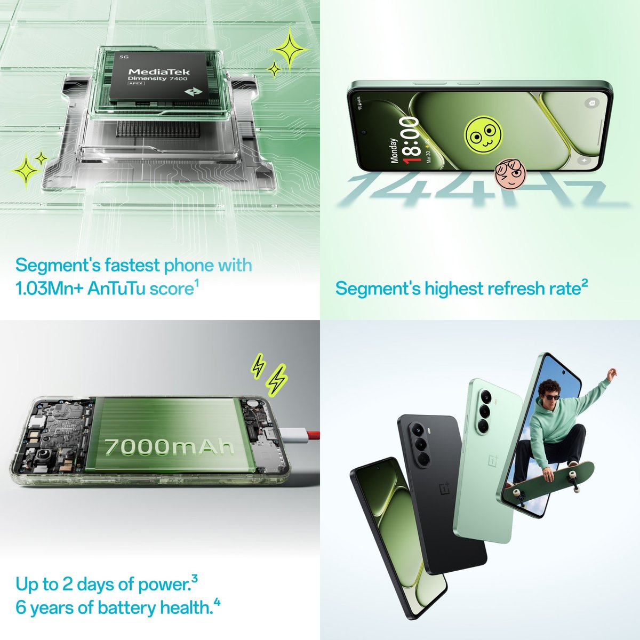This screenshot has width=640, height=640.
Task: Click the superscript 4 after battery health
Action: point(217,603)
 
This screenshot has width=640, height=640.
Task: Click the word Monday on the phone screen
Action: point(395,151)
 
